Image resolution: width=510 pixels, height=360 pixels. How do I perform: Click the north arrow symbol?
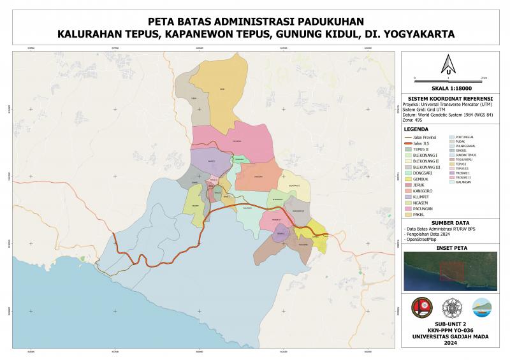(x=448, y=63)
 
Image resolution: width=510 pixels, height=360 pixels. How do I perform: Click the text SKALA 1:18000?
(x=449, y=88)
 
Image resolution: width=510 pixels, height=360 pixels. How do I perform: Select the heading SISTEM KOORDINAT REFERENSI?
(x=449, y=99)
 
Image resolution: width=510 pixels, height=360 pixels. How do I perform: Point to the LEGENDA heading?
(x=416, y=129)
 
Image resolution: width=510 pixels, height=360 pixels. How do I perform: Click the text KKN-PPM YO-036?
(x=449, y=331)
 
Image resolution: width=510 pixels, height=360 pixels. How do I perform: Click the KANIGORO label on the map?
(x=258, y=176)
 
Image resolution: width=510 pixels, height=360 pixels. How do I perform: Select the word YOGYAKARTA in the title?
(x=416, y=34)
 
